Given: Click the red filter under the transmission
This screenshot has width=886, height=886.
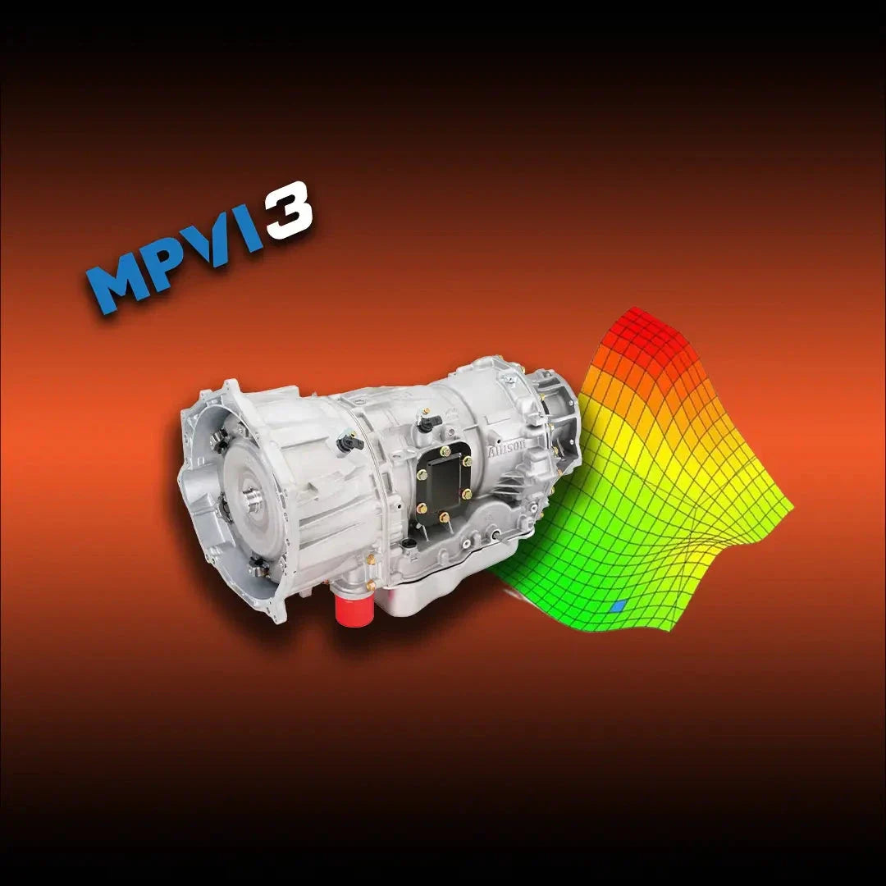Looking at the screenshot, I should pyautogui.click(x=355, y=606).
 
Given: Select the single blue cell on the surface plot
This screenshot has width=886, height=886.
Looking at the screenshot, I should pyautogui.click(x=619, y=606).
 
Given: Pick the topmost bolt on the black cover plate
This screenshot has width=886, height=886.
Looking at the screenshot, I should pyautogui.click(x=448, y=450).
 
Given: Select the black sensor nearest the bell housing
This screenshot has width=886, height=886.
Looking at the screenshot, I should pyautogui.click(x=350, y=443).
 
